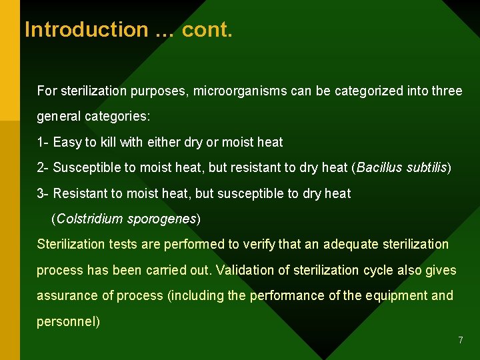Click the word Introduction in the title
(x=86, y=30)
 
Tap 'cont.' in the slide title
(x=207, y=30)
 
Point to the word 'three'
(x=447, y=91)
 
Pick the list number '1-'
(x=43, y=142)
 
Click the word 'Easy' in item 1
(x=67, y=142)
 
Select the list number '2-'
(x=43, y=167)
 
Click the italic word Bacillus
(x=381, y=167)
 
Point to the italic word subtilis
(x=427, y=167)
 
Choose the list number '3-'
(x=43, y=193)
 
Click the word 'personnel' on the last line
(x=67, y=321)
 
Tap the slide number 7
(x=460, y=341)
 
